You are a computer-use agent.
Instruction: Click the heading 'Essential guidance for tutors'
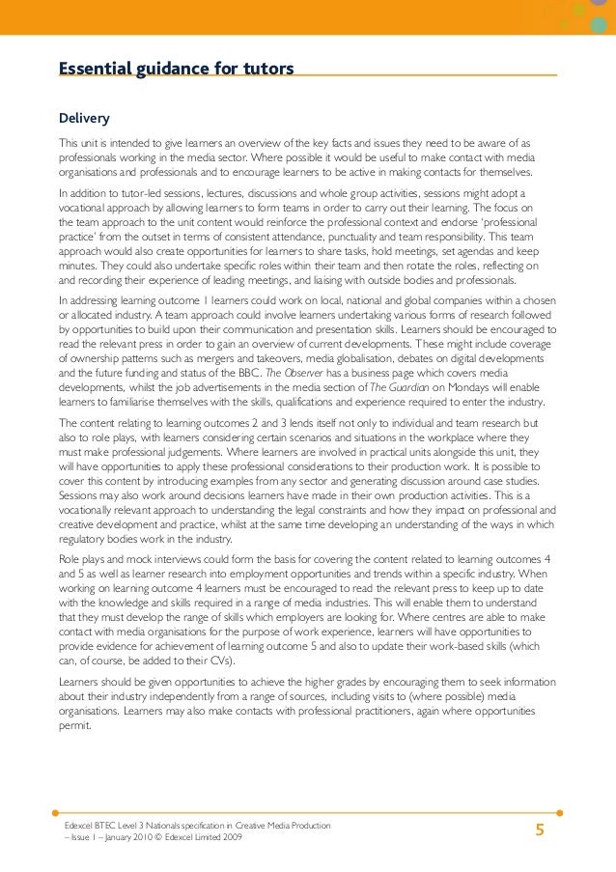(176, 69)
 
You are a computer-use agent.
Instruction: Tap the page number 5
(540, 830)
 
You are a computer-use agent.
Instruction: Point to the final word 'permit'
(75, 725)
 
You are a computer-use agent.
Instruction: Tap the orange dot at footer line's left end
(56, 812)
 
